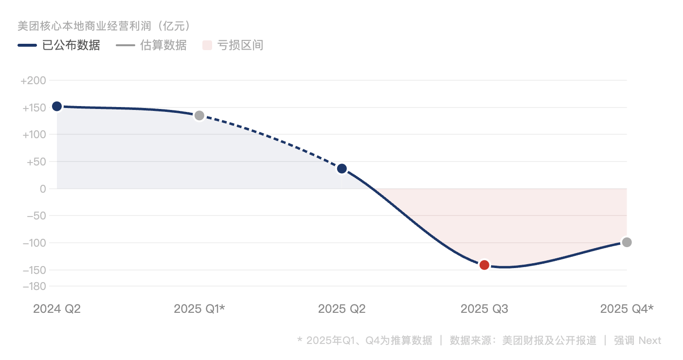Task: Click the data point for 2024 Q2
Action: click(57, 107)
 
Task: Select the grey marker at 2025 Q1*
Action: click(199, 115)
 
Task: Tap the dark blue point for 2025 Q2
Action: click(342, 169)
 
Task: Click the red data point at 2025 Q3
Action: click(484, 265)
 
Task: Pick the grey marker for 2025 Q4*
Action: click(627, 242)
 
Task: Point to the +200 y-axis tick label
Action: click(33, 80)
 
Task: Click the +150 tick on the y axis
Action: click(34, 108)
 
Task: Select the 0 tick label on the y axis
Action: click(43, 189)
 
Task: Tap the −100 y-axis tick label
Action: click(35, 243)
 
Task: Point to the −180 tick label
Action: click(35, 286)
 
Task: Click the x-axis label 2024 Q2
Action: click(57, 309)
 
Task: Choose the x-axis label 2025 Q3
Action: click(484, 309)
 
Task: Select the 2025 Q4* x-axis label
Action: click(627, 309)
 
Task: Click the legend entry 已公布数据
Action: click(71, 45)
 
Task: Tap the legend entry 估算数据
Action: click(163, 45)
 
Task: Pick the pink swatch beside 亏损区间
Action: click(207, 45)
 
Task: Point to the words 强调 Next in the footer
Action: click(637, 340)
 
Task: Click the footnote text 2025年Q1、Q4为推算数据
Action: click(369, 340)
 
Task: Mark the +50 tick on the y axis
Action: click(36, 162)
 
